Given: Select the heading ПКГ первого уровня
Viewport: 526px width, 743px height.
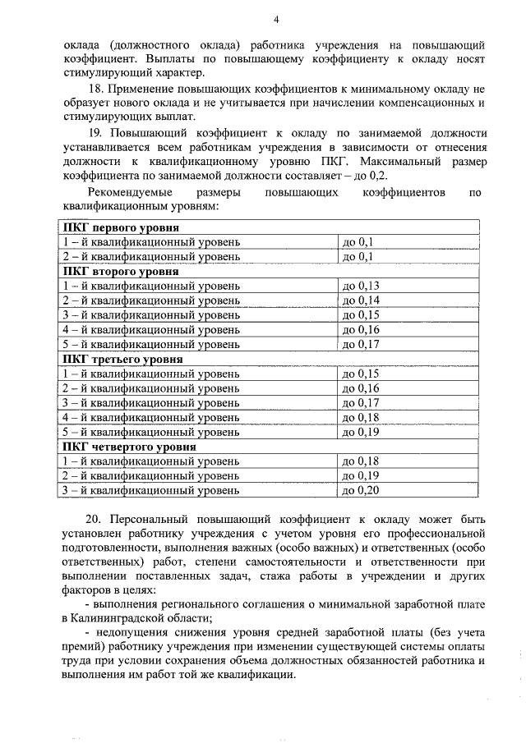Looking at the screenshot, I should [121, 228].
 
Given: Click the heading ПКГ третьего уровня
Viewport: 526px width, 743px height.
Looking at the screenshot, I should [122, 359].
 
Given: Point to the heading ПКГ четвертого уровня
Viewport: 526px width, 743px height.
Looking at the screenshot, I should [129, 447].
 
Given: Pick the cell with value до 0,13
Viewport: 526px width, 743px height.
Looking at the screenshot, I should [360, 286].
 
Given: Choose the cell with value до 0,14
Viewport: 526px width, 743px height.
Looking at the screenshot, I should [360, 300].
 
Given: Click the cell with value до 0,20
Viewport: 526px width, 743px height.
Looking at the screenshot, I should [360, 491].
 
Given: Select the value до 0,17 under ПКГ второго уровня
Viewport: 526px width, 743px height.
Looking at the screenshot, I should [360, 345].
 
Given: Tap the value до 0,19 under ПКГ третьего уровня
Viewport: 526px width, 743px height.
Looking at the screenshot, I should [360, 432].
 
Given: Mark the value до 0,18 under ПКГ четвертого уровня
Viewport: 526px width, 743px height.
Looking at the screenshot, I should [360, 461].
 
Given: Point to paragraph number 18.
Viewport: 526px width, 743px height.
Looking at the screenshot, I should [95, 89].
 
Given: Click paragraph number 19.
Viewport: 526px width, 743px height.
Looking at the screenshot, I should [95, 133].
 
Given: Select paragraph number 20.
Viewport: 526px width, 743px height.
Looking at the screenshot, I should [95, 521].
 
